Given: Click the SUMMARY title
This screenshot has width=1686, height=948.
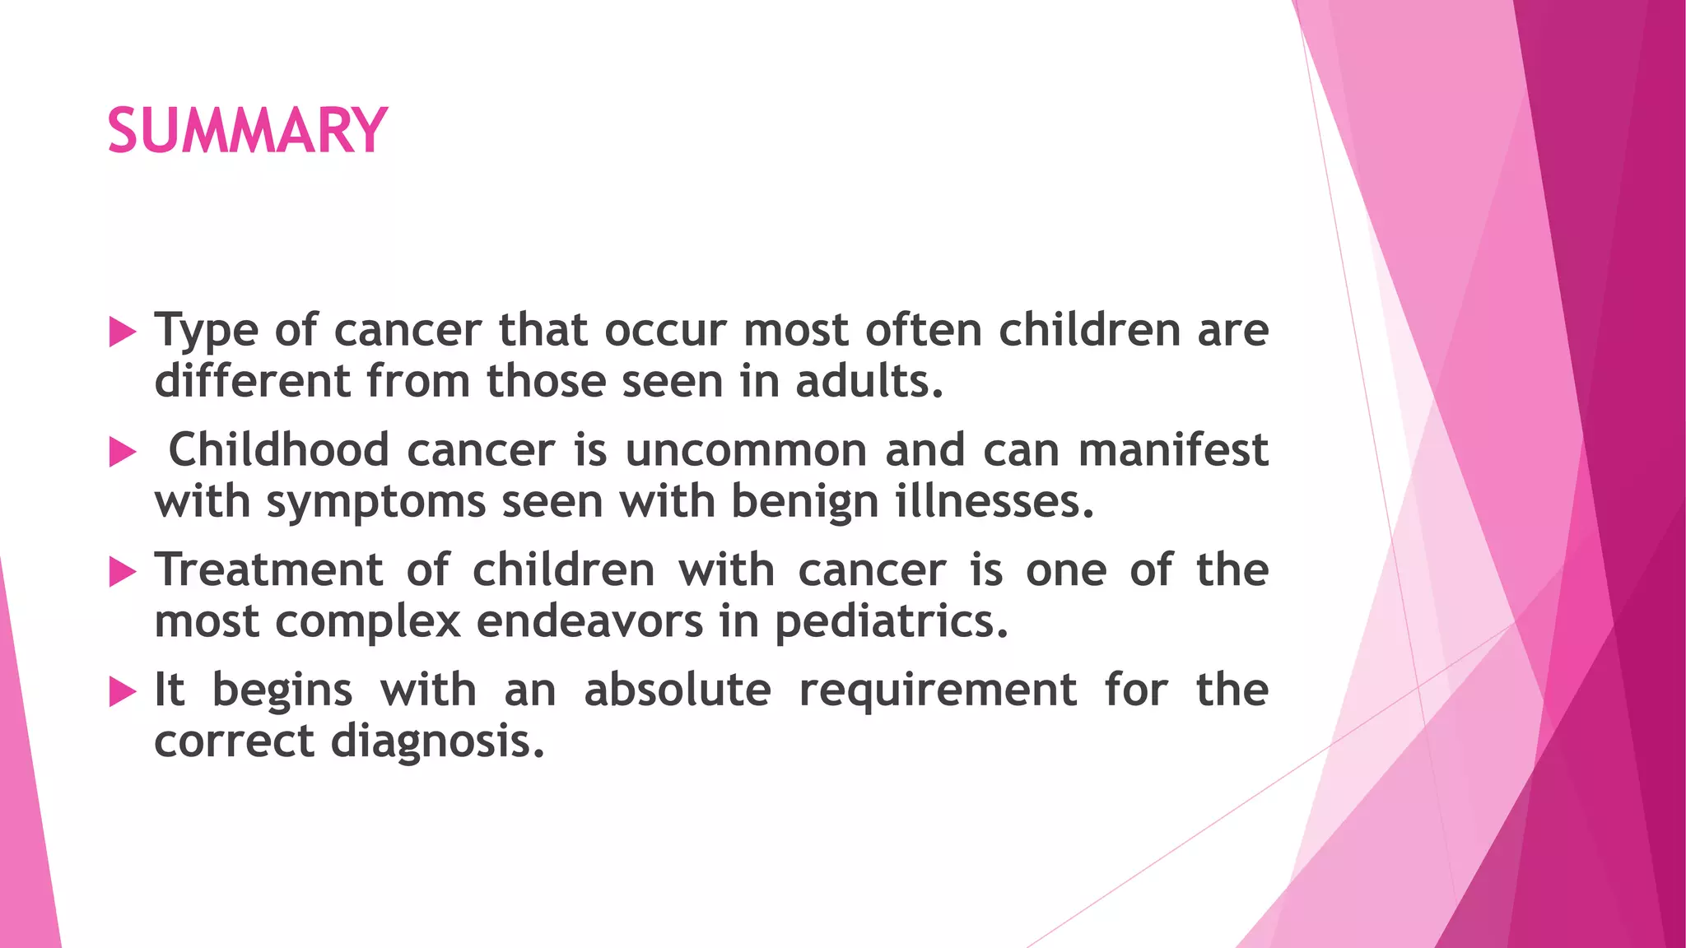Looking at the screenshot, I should [247, 131].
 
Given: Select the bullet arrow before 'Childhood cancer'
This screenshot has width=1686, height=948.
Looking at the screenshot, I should [123, 452].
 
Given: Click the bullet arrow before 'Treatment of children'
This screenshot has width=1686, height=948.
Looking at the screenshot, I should [123, 572].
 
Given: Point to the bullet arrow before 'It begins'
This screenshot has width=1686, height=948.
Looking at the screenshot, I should [123, 692].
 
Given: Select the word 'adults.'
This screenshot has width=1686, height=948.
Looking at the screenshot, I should [869, 381].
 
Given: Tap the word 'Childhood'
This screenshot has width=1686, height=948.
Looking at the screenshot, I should [278, 450].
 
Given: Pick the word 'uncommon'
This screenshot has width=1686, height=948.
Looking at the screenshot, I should [745, 450].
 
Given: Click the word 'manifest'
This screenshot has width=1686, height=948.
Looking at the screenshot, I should [1173, 450].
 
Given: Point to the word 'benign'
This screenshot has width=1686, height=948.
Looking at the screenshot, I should [804, 502].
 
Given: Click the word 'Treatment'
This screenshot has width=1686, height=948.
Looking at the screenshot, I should [268, 569].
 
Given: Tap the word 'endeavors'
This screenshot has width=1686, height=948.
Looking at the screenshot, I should [589, 621].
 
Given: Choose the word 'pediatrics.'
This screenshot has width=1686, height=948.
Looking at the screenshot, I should [891, 621].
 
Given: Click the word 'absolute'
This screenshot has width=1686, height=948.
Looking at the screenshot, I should [678, 690].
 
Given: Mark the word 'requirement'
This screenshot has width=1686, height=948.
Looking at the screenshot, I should [938, 690].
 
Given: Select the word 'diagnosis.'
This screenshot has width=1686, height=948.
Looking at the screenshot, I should [438, 741].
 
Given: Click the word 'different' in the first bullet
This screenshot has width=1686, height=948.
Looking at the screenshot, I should [253, 381].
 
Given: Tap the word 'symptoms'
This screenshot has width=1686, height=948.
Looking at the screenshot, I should [375, 502].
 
